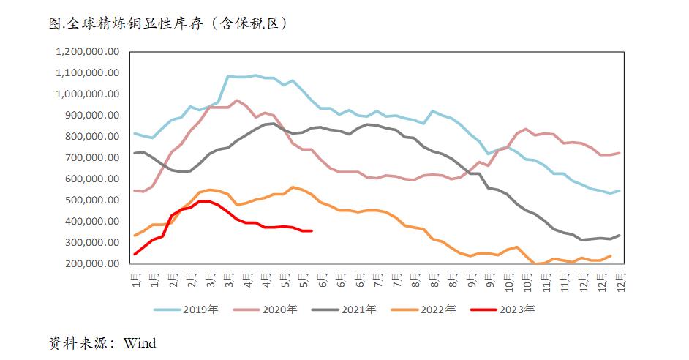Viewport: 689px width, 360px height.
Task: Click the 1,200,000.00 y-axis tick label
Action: (x=87, y=52)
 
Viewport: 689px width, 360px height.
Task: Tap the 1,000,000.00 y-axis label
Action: (x=87, y=94)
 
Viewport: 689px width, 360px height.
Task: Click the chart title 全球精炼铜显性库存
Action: (x=168, y=23)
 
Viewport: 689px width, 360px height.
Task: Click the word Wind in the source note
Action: (x=140, y=342)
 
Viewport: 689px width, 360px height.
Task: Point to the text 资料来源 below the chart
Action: (x=79, y=342)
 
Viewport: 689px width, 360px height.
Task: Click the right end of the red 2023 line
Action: (x=312, y=231)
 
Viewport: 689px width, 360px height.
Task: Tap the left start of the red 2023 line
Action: (x=135, y=254)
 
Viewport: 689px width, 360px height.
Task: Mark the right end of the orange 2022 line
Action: (x=611, y=255)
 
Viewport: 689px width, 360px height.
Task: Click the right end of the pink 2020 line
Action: (x=620, y=153)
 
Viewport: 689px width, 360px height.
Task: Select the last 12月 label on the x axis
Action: (x=620, y=280)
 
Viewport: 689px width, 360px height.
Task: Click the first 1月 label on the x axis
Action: (x=135, y=280)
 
